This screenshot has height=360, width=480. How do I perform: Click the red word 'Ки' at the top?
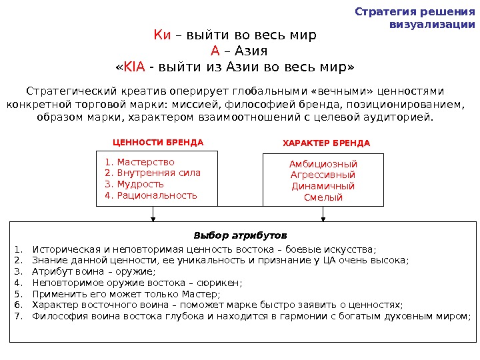pyautogui.click(x=162, y=35)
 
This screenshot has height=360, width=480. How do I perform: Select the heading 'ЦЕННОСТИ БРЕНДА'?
pyautogui.click(x=158, y=143)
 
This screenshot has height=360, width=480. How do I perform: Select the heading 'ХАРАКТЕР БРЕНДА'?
pyautogui.click(x=326, y=143)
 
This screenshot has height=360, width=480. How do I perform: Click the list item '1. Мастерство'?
pyautogui.click(x=140, y=162)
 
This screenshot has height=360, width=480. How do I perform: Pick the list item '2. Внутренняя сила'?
pyautogui.click(x=153, y=173)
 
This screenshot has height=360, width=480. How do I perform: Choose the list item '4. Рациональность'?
pyautogui.click(x=151, y=195)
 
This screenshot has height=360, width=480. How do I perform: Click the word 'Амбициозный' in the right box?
pyautogui.click(x=323, y=164)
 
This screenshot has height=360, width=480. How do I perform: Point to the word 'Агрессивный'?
pyautogui.click(x=323, y=175)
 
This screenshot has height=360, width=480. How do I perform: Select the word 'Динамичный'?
pyautogui.click(x=323, y=187)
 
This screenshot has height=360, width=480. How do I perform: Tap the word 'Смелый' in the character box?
pyautogui.click(x=323, y=198)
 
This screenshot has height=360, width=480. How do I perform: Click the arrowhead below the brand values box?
pyautogui.click(x=154, y=217)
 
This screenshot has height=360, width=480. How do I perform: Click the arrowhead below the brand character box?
pyautogui.click(x=324, y=217)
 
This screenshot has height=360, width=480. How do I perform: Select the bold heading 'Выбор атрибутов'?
pyautogui.click(x=240, y=236)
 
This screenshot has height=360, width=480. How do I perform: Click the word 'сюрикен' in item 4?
pyautogui.click(x=222, y=283)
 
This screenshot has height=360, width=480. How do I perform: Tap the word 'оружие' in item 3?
pyautogui.click(x=137, y=271)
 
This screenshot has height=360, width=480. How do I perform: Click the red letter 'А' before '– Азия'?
pyautogui.click(x=215, y=51)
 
